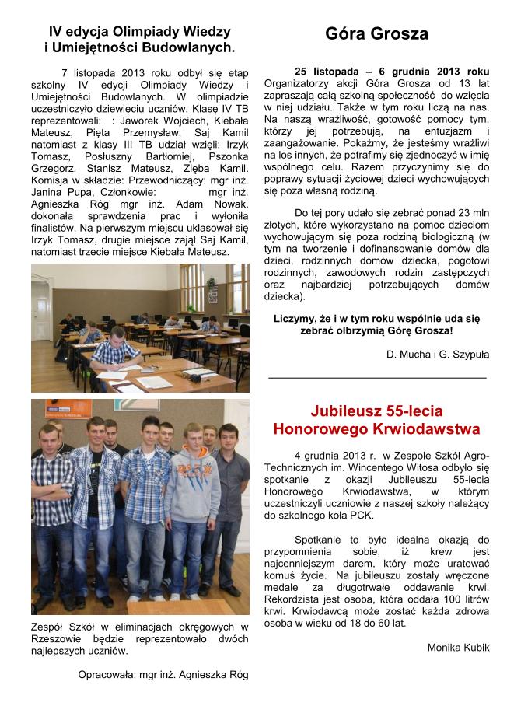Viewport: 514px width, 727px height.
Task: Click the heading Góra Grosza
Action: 376,34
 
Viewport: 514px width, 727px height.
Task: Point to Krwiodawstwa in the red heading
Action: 431,429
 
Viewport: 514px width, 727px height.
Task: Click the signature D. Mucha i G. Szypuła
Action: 438,355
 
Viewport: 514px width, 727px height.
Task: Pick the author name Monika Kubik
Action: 458,647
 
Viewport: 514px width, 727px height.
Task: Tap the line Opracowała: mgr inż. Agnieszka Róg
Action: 163,674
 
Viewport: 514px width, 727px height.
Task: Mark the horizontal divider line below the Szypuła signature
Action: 376,377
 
